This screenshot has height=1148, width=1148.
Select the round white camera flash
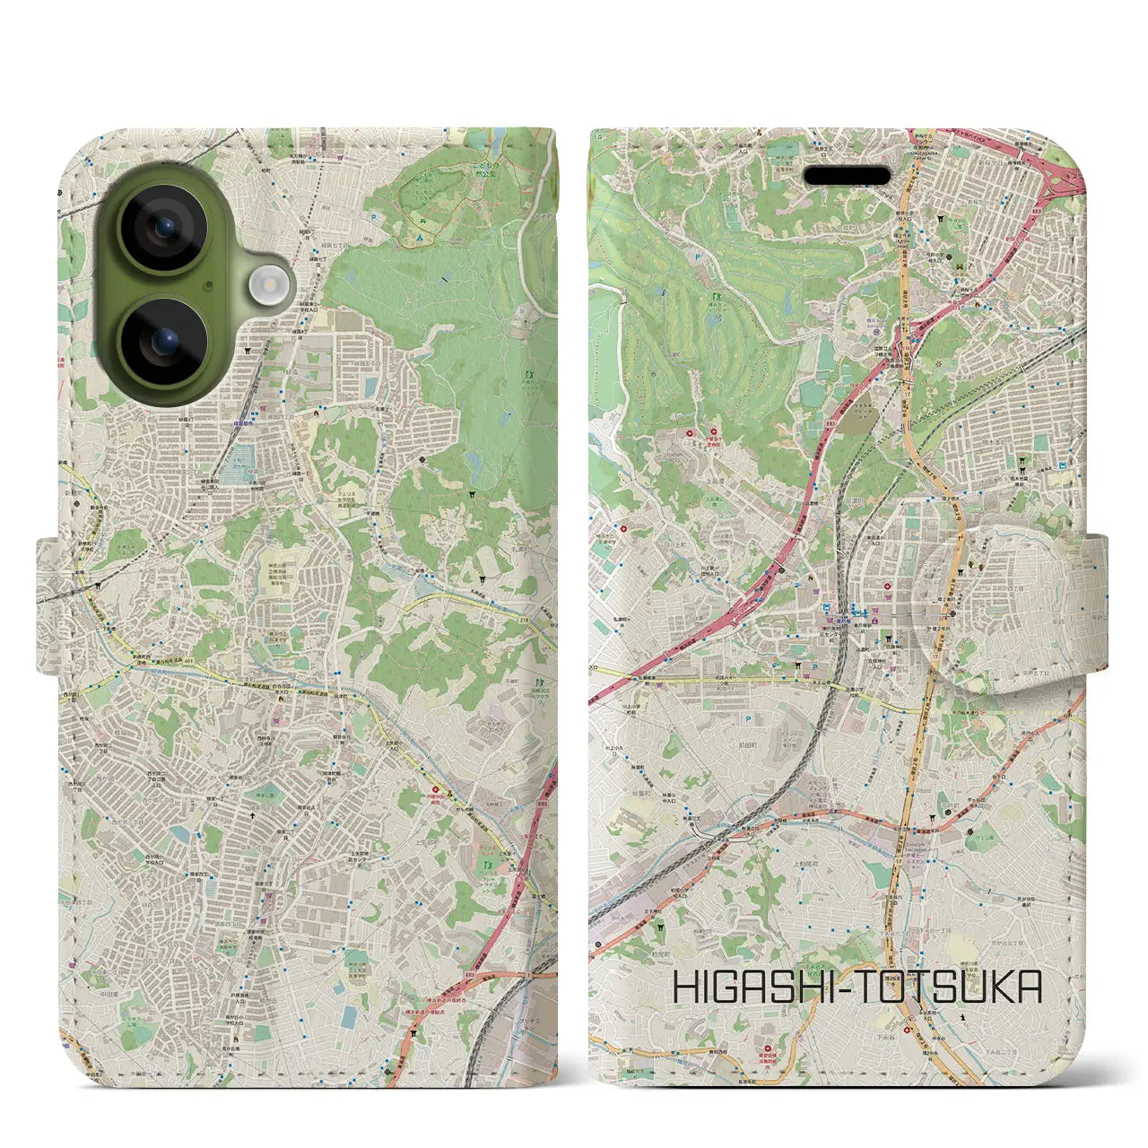coord(266,284)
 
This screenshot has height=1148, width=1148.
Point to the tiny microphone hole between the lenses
coord(209,284)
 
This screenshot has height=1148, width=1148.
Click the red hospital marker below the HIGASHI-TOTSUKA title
coord(769,1046)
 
